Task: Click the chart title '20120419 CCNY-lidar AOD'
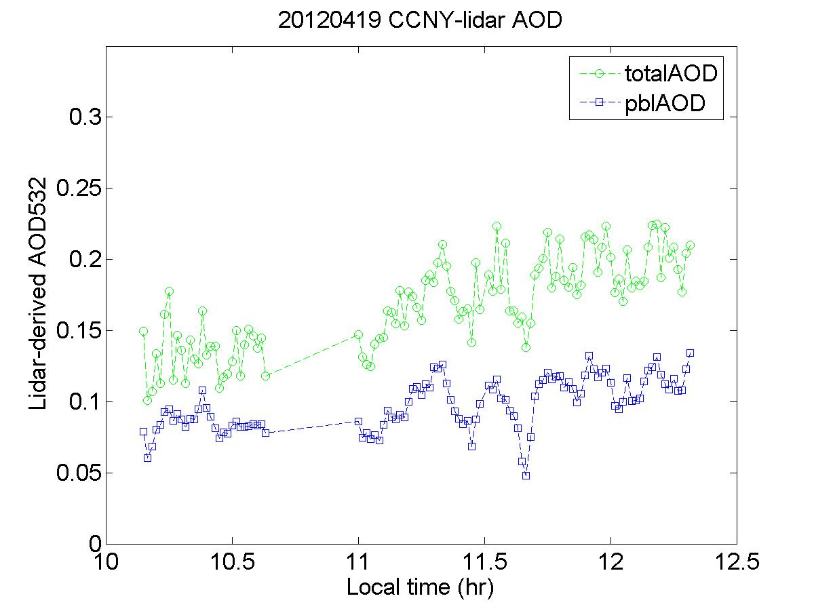pos(421,20)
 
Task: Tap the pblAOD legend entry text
pos(665,103)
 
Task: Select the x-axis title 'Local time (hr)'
pos(420,587)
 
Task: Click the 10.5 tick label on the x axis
pos(232,564)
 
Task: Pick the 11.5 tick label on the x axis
pos(484,564)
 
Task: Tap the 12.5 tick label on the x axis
pos(737,564)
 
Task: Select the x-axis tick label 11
pos(358,564)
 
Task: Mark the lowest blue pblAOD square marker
pos(526,475)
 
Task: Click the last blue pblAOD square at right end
pos(690,353)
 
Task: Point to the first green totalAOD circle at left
pos(143,331)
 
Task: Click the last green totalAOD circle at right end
pos(690,245)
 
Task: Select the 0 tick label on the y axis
pos(95,544)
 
